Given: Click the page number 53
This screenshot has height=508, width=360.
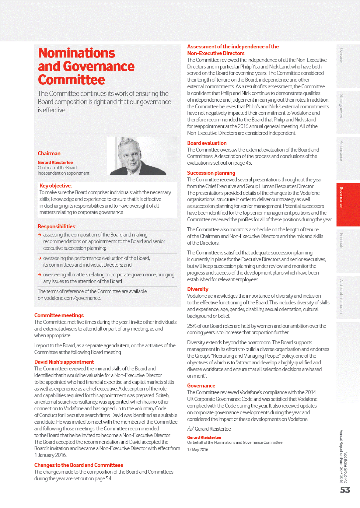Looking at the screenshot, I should coord(345,490).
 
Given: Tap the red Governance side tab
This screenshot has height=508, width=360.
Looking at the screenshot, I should coord(348,205).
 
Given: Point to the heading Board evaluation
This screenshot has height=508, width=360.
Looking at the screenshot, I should coord(207,143).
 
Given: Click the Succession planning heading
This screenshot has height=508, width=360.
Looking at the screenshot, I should coord(211,173).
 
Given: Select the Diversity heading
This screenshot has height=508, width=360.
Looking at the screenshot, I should coord(197,289).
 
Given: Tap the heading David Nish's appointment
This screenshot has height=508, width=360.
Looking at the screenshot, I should coord(64,362).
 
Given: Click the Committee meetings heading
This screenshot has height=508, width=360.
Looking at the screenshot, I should coord(59,315).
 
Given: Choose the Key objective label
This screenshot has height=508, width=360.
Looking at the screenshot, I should coord(55,186).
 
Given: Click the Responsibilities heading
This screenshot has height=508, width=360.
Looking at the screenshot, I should coord(57,226).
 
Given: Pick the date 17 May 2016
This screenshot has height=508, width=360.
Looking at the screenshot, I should coord(197,450).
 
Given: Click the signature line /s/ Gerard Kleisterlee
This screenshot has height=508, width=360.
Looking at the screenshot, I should coord(209,429).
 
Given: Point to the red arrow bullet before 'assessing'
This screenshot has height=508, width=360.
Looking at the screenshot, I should coord(40,235).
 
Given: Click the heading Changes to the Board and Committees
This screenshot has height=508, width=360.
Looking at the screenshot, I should coord(79,465).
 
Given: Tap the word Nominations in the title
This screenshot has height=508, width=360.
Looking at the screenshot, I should coord(76,53).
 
